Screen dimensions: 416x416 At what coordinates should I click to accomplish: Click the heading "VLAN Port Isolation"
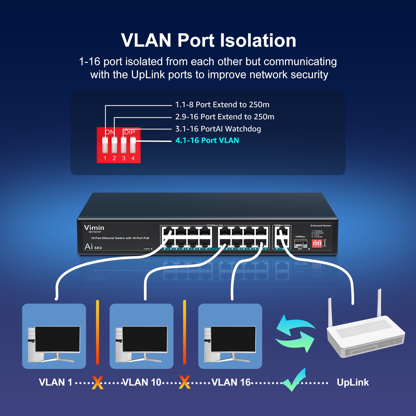click(209, 40)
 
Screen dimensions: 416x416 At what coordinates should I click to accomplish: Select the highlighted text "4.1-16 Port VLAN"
click(207, 140)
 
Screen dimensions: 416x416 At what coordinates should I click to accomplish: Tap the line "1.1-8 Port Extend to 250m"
click(222, 105)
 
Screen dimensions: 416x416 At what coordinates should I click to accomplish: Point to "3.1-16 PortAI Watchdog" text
click(218, 129)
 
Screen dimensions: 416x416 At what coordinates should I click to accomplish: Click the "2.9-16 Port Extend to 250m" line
click(225, 117)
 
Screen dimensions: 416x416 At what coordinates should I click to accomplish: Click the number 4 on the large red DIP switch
click(133, 158)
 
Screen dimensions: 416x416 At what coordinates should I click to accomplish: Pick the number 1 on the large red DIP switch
click(105, 158)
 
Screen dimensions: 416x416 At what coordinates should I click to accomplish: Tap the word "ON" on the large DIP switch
click(110, 132)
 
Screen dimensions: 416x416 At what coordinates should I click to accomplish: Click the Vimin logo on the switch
click(94, 228)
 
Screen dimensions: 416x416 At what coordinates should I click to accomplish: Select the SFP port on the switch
click(300, 243)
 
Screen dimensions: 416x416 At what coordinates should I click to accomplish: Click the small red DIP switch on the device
click(317, 244)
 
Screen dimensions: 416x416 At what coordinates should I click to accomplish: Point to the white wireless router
click(365, 335)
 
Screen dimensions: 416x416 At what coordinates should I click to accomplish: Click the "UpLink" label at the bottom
click(353, 382)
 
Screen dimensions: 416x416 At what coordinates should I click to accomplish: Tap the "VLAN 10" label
click(142, 382)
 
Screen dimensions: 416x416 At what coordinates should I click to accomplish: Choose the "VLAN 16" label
click(231, 382)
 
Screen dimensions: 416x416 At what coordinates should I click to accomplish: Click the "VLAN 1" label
click(55, 382)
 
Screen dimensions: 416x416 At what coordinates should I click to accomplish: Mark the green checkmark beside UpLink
click(294, 380)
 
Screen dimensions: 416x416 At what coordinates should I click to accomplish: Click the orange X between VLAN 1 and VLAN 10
click(97, 382)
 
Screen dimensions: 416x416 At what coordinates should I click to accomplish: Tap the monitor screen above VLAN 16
click(233, 339)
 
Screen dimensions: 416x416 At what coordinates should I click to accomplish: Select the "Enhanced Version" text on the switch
click(321, 226)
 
